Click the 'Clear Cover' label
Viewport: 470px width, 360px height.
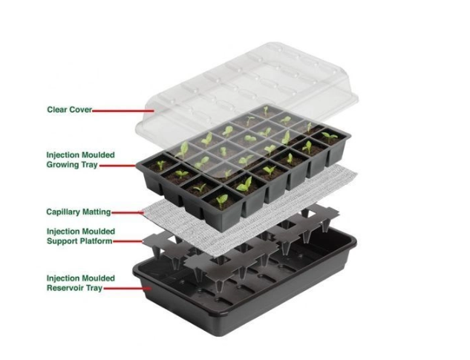pyautogui.click(x=69, y=109)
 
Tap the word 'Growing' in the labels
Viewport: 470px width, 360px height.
pyautogui.click(x=63, y=165)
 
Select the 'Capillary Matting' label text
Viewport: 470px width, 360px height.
pyautogui.click(x=79, y=212)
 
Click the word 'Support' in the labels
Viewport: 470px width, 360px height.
pyautogui.click(x=62, y=241)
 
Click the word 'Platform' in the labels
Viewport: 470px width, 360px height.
pyautogui.click(x=96, y=241)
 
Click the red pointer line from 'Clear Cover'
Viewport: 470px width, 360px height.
pyautogui.click(x=123, y=111)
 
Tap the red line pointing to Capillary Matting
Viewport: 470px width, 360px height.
pyautogui.click(x=128, y=213)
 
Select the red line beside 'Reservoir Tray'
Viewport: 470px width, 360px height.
pyautogui.click(x=127, y=289)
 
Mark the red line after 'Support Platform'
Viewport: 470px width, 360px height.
pyautogui.click(x=128, y=241)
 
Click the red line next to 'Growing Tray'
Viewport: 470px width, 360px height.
pyautogui.click(x=117, y=166)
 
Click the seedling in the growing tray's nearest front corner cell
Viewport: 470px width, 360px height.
pyautogui.click(x=222, y=201)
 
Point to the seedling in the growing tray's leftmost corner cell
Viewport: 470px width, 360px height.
pyautogui.click(x=161, y=165)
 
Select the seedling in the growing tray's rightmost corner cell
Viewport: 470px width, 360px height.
pyautogui.click(x=330, y=137)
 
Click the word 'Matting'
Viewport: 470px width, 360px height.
pyautogui.click(x=97, y=212)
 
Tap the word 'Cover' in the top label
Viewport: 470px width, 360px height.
pyautogui.click(x=80, y=109)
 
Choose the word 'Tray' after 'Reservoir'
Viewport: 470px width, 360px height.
pyautogui.click(x=94, y=288)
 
